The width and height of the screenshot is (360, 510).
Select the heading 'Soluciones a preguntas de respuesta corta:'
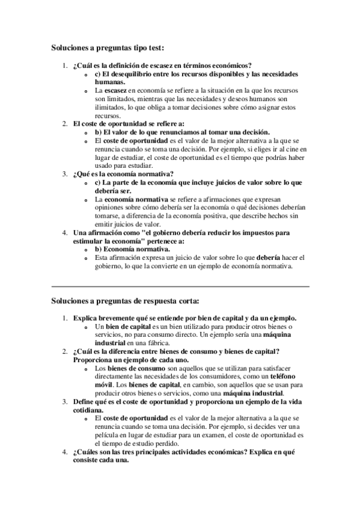tap(125, 300)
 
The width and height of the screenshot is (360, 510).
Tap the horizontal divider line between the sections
tap(180, 286)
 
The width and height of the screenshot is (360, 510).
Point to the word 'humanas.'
tap(110, 82)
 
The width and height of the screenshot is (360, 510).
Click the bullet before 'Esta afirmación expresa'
tap(87, 257)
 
